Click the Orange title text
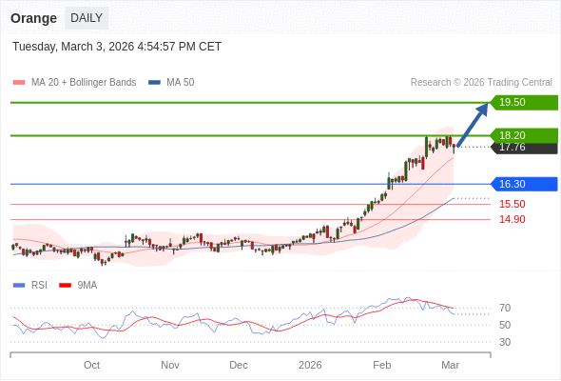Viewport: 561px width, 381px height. pyautogui.click(x=34, y=17)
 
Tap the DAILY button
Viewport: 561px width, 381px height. pyautogui.click(x=87, y=17)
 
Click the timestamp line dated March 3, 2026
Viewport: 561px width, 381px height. pyautogui.click(x=117, y=46)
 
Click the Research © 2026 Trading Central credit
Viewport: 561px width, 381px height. pyautogui.click(x=481, y=82)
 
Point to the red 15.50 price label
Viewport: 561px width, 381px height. pyautogui.click(x=512, y=204)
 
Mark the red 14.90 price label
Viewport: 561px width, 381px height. pyautogui.click(x=512, y=219)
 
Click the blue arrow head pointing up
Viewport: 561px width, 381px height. pyautogui.click(x=482, y=108)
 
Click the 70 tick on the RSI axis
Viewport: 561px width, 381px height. pyautogui.click(x=505, y=308)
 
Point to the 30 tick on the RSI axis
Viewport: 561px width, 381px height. pyautogui.click(x=505, y=342)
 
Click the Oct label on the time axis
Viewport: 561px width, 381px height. pyautogui.click(x=91, y=365)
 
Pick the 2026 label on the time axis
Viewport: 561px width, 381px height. pyautogui.click(x=310, y=365)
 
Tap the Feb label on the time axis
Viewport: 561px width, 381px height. pyautogui.click(x=382, y=365)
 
